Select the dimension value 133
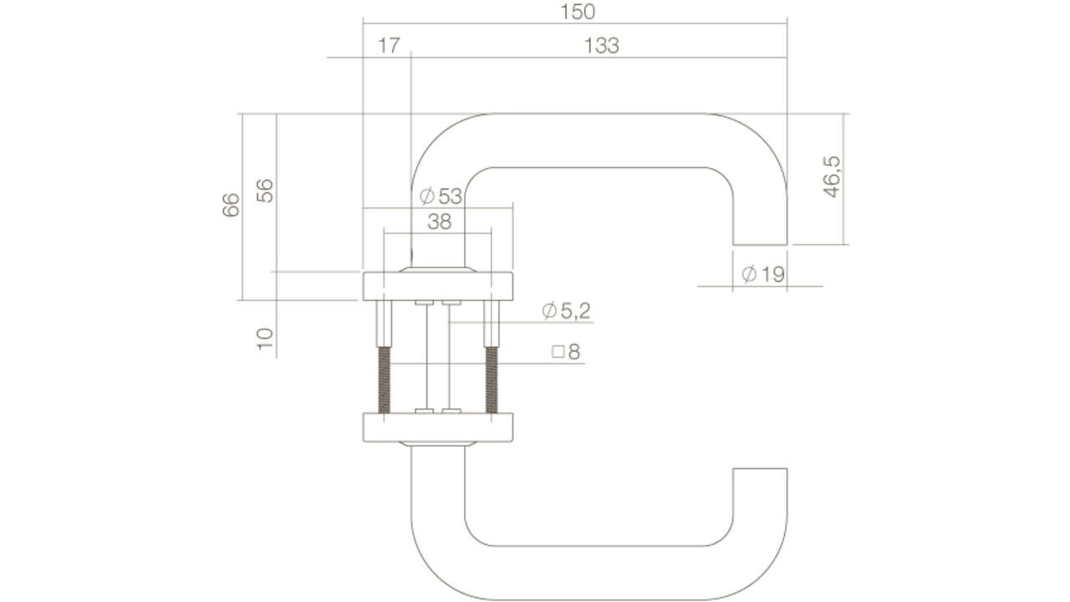(601, 46)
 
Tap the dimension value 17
(388, 46)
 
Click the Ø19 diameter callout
(763, 273)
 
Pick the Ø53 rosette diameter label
(441, 196)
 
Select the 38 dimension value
(439, 222)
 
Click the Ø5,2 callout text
(566, 311)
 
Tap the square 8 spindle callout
(566, 351)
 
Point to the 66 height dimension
(232, 205)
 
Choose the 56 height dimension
(265, 191)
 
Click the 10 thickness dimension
(265, 339)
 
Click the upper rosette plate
(437, 286)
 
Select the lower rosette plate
(437, 426)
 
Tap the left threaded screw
(385, 376)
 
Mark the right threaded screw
(491, 376)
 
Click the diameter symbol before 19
(749, 273)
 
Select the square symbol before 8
(558, 352)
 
